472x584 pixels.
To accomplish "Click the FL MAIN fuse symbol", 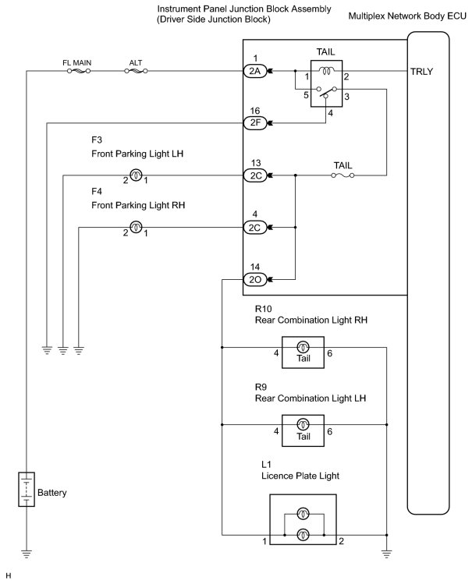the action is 79,71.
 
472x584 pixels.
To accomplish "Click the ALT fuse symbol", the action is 136,71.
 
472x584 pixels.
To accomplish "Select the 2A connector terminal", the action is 255,71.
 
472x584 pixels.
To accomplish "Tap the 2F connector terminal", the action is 255,122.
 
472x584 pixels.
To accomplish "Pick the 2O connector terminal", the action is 255,279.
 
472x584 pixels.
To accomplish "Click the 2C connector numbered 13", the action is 255,175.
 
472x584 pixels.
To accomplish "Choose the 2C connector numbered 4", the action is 255,227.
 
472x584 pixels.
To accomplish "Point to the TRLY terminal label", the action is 421,72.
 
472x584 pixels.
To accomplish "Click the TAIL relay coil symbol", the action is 327,70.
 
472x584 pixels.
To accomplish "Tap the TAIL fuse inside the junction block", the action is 342,175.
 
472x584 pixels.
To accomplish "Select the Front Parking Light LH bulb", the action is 136,175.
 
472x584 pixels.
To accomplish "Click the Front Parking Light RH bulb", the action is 136,227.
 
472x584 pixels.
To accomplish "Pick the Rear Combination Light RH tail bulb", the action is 303,347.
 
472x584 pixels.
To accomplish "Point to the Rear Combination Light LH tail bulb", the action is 303,424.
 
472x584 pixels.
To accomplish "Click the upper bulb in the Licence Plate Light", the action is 303,514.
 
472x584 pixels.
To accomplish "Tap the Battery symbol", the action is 27,490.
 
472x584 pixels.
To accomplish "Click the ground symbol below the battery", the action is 27,554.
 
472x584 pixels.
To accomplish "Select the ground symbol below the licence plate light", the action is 387,554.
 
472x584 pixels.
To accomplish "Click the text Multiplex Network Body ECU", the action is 407,16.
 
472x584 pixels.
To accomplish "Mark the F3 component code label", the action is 97,140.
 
